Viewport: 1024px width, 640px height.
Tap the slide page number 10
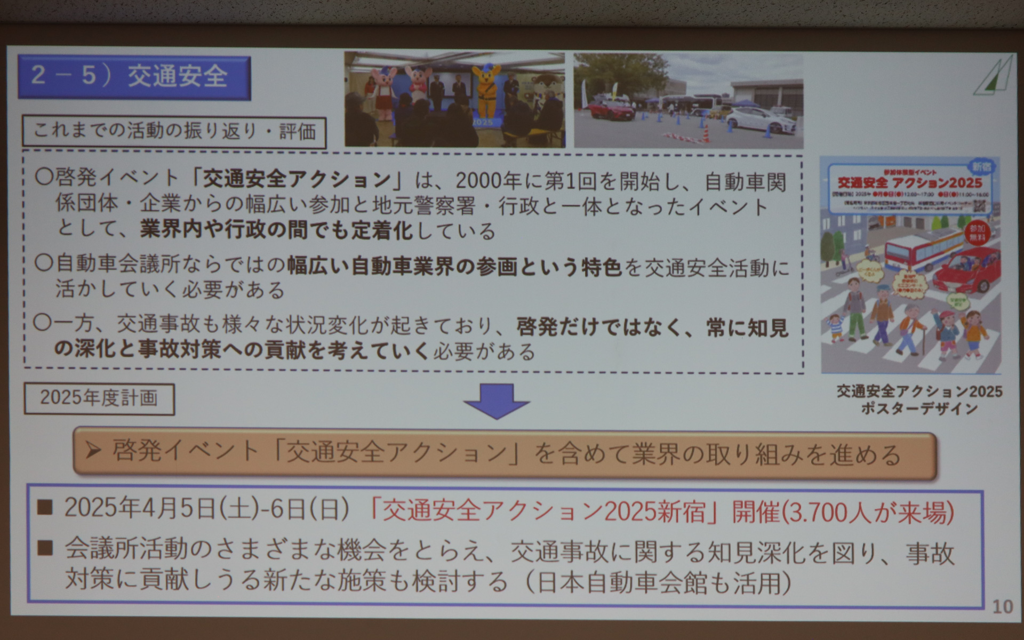[1002, 606]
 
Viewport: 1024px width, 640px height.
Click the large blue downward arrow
[497, 401]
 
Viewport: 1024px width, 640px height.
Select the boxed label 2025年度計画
[99, 398]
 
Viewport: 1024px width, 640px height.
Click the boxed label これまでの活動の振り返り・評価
[174, 132]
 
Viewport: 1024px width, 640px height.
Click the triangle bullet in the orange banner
[94, 451]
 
